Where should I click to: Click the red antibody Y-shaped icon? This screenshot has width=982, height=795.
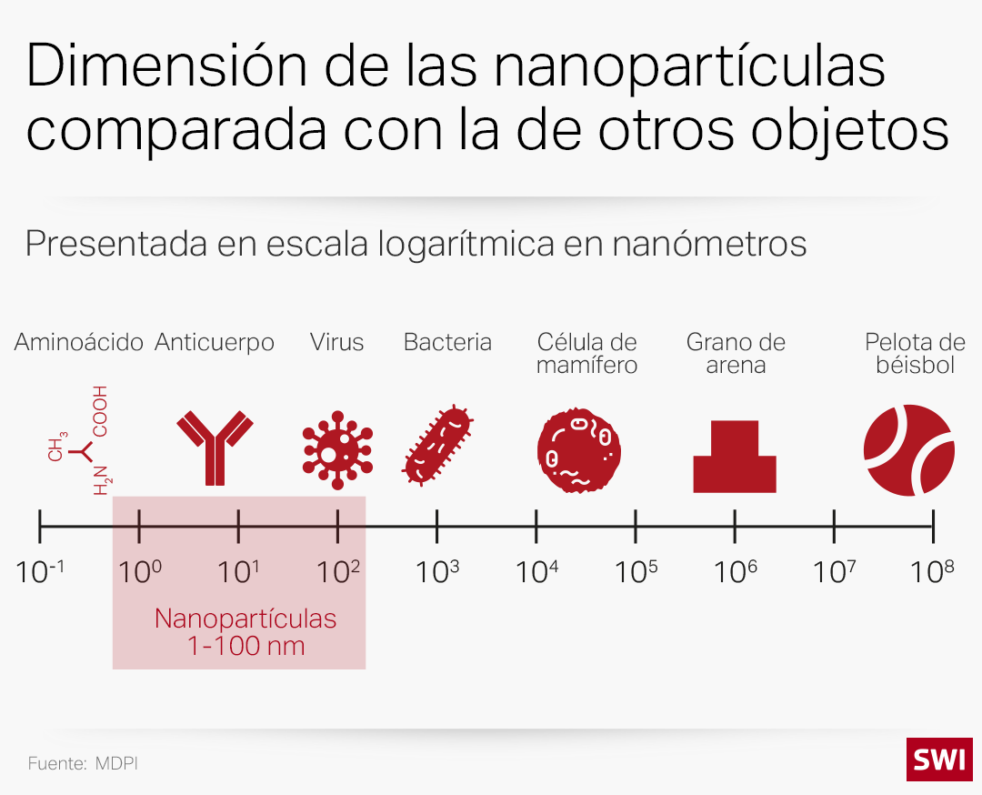[x=215, y=447]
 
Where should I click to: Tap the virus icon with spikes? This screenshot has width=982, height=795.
[x=337, y=446]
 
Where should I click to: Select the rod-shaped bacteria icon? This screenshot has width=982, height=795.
[x=437, y=445]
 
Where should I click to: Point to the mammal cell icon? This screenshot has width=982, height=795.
[x=579, y=447]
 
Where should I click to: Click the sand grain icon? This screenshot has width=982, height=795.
[x=735, y=457]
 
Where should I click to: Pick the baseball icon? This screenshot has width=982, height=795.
[x=907, y=450]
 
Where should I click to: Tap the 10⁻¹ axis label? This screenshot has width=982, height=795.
[x=41, y=572]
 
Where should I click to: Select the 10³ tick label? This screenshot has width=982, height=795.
[x=437, y=572]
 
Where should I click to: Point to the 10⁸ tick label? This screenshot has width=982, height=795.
[x=933, y=572]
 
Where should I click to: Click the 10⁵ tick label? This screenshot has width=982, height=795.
[x=636, y=572]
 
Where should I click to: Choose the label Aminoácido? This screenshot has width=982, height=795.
[x=79, y=343]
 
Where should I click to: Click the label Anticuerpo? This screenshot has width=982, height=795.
[x=215, y=343]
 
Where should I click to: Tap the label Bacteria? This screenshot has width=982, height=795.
[x=447, y=343]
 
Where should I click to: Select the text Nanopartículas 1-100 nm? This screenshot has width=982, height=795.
[x=245, y=632]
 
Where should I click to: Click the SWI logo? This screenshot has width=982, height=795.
[x=938, y=760]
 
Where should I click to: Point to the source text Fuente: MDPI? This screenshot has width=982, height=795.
[x=83, y=763]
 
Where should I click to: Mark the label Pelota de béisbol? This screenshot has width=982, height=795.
[x=915, y=354]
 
